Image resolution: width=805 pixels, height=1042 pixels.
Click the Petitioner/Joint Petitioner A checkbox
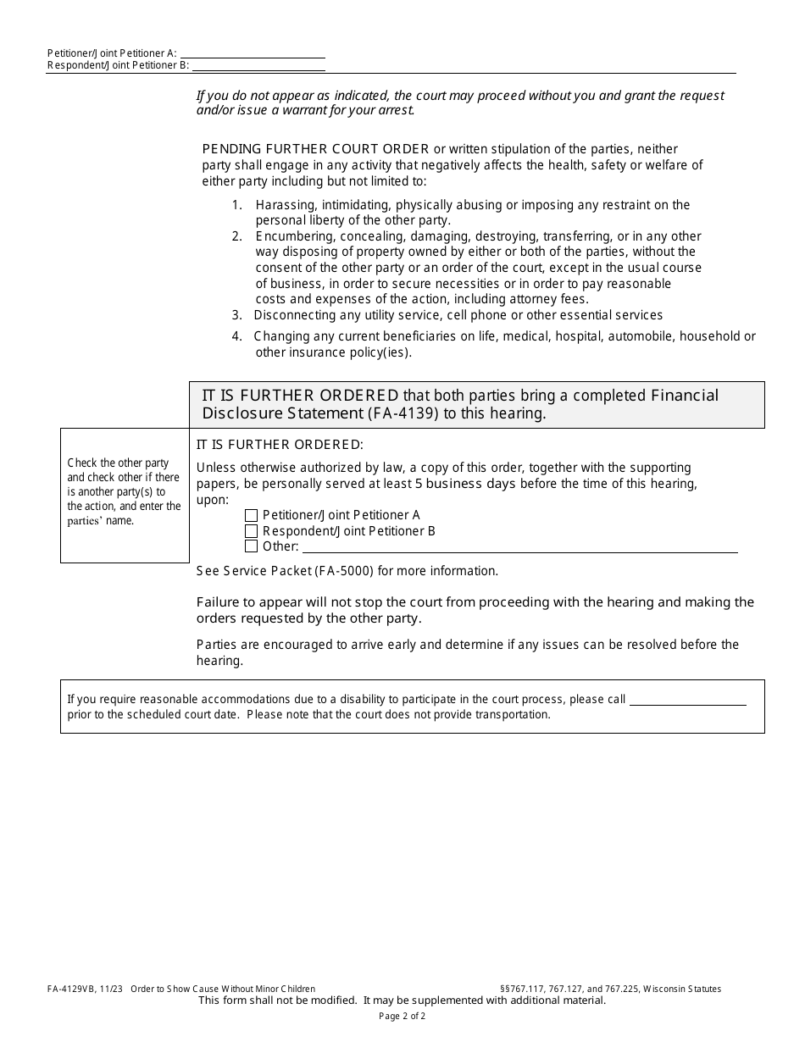point(251,515)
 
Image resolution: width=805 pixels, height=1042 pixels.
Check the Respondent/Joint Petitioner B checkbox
point(251,531)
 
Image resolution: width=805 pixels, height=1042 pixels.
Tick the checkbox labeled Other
point(251,546)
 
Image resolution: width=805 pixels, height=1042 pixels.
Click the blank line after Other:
point(519,547)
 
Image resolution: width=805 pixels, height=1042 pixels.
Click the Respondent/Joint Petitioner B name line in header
point(258,65)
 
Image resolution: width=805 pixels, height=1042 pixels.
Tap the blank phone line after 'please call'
point(687,699)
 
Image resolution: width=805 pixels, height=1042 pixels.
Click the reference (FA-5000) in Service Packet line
point(344,571)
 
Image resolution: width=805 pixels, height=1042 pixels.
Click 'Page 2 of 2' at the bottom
point(402,1016)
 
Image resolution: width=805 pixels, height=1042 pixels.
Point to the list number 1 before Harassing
point(236,205)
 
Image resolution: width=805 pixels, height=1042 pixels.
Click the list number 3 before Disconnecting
point(236,315)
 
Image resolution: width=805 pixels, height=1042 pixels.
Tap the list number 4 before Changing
point(236,336)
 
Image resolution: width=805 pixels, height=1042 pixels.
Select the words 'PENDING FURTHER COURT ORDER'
point(315,149)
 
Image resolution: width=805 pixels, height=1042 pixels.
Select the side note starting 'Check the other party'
point(124,491)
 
